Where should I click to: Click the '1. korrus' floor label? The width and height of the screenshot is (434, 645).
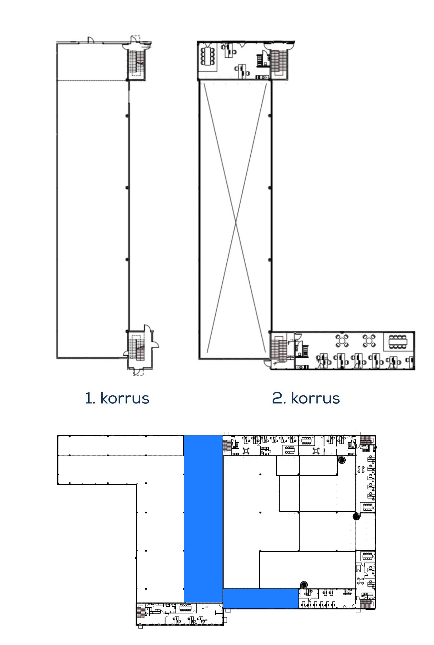117,398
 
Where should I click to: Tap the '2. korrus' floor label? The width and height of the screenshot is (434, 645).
306,398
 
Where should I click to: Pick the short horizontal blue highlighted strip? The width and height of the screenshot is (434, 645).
261,599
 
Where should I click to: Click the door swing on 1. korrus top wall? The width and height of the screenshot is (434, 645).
90,40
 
